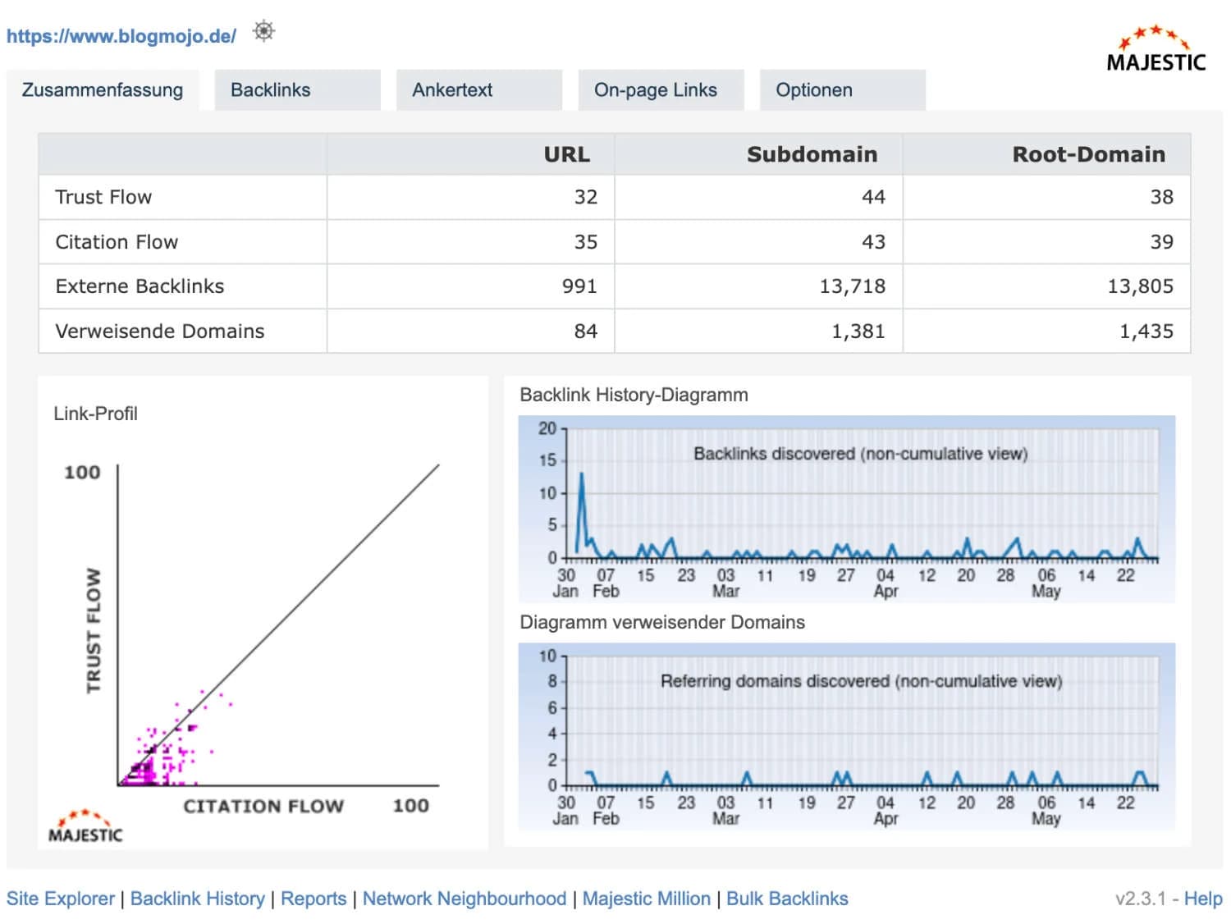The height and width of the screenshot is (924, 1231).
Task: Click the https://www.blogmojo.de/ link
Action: tap(121, 36)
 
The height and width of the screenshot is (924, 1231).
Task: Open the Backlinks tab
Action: tap(270, 90)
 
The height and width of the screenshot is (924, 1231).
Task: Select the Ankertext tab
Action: tap(452, 90)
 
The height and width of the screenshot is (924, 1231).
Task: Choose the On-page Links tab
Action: tap(655, 90)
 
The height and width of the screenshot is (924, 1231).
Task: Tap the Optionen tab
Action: tap(813, 90)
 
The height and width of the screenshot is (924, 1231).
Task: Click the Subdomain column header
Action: tap(811, 154)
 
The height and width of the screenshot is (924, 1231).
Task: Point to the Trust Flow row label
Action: tap(103, 197)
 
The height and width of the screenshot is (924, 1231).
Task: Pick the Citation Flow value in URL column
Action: tap(585, 242)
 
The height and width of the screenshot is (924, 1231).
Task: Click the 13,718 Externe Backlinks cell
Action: tap(852, 286)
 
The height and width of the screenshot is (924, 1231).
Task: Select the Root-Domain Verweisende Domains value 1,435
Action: tap(1146, 332)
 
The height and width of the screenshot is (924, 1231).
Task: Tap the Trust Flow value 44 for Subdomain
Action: tap(873, 197)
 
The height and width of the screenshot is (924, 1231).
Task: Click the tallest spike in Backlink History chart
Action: tap(582, 475)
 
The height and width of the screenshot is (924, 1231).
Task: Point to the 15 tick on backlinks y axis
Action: tap(547, 460)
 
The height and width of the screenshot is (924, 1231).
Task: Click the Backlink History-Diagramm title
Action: tap(634, 395)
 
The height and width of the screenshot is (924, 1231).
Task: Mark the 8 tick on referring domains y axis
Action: tap(552, 681)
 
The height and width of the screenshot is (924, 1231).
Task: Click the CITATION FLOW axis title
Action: tap(263, 807)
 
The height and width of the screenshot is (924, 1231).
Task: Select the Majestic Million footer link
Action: tap(646, 899)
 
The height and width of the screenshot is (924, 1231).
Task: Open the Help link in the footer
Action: tap(1202, 899)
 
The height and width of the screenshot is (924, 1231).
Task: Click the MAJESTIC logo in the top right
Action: tap(1155, 50)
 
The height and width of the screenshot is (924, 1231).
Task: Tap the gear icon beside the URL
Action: tap(263, 31)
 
